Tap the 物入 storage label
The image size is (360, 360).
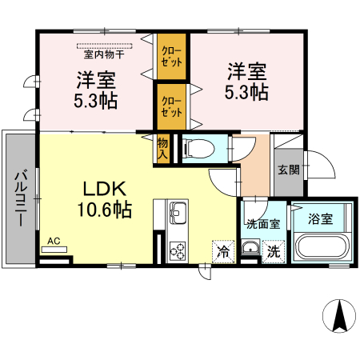(162, 149)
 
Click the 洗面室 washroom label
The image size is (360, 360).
(262, 224)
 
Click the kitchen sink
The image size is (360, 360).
(177, 214)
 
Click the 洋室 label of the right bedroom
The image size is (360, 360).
(245, 70)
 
